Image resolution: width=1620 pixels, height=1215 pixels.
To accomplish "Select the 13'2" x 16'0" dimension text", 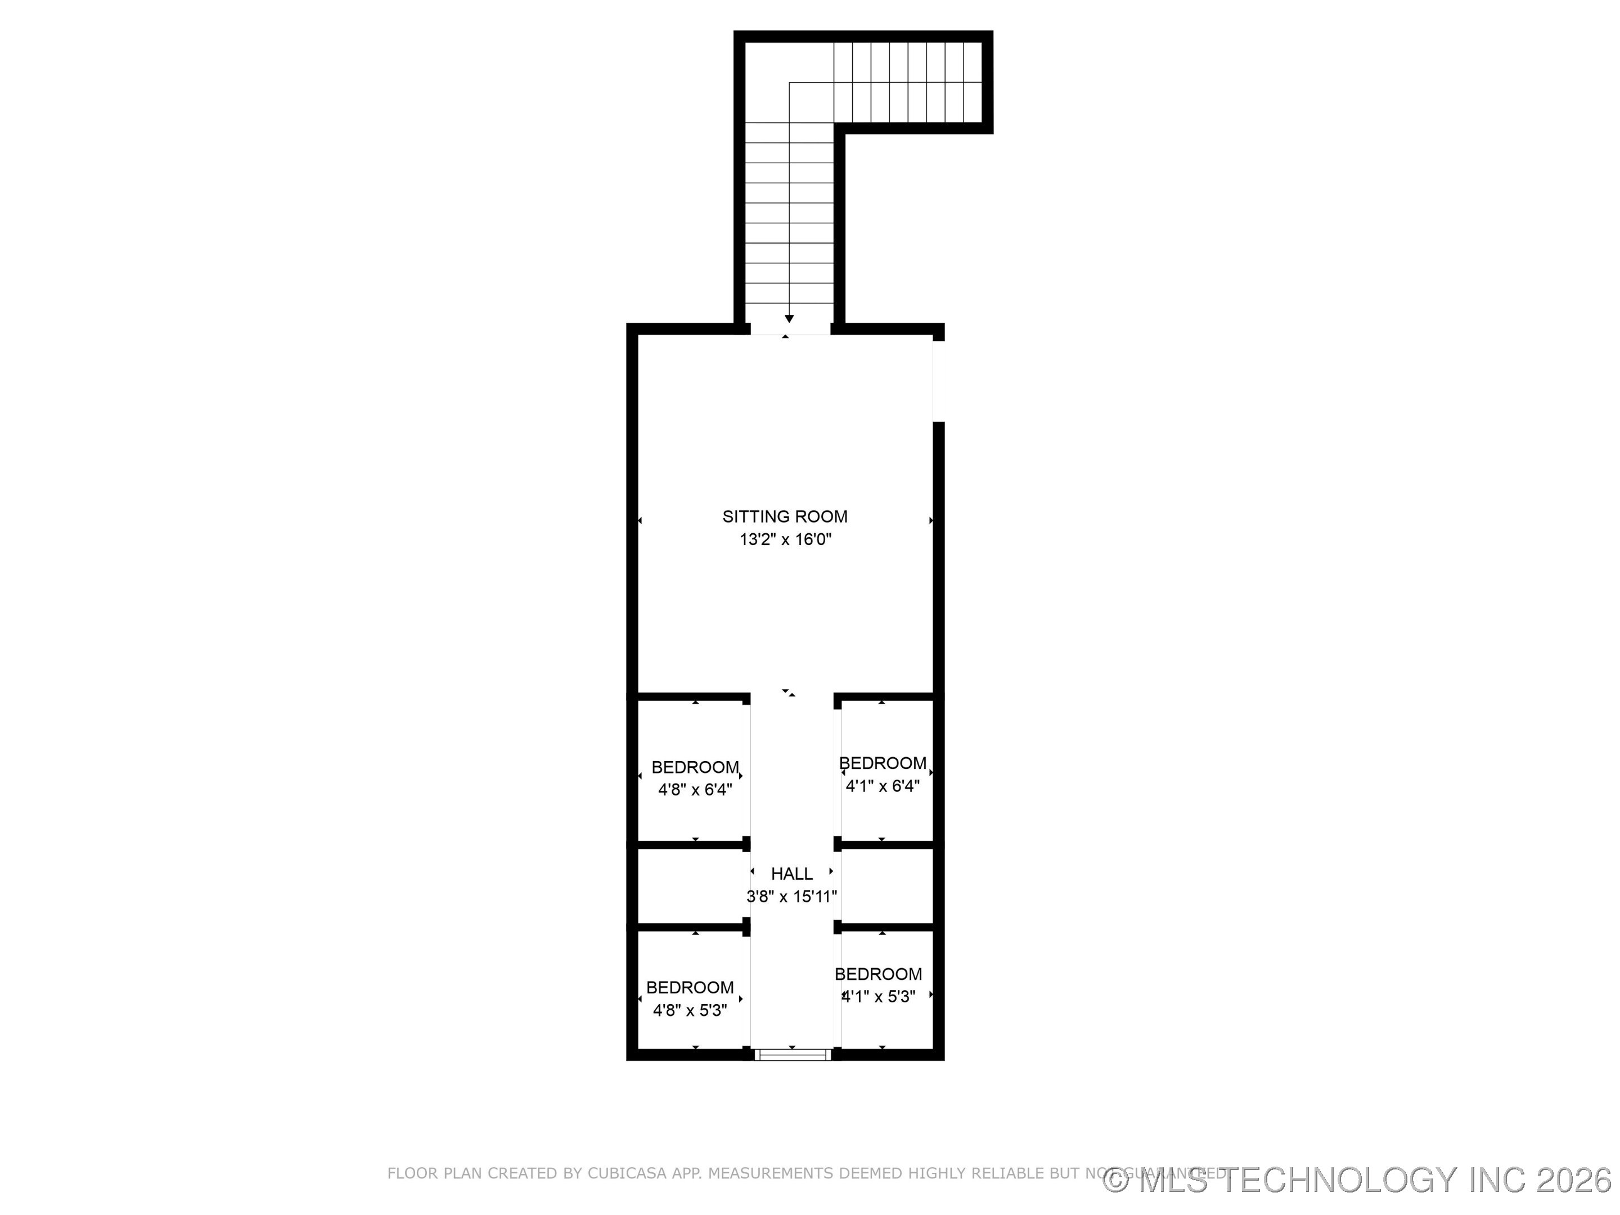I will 785,540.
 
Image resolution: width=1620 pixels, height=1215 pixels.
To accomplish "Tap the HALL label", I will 791,874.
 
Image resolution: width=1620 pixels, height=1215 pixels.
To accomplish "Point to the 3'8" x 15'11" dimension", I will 791,897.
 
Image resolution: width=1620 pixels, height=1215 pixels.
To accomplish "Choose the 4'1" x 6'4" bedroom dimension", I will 882,786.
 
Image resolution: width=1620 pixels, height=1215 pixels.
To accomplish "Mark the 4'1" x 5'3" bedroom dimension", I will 878,997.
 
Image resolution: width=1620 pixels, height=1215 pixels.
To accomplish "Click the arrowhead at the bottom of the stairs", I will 789,318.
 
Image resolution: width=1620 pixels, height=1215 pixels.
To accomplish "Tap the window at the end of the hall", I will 793,1055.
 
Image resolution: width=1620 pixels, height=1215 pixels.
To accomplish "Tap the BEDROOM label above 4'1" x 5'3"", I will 877,974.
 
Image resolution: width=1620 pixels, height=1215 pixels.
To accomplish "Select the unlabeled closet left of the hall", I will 691,886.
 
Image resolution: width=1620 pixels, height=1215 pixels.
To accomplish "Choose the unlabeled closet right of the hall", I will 886,886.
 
